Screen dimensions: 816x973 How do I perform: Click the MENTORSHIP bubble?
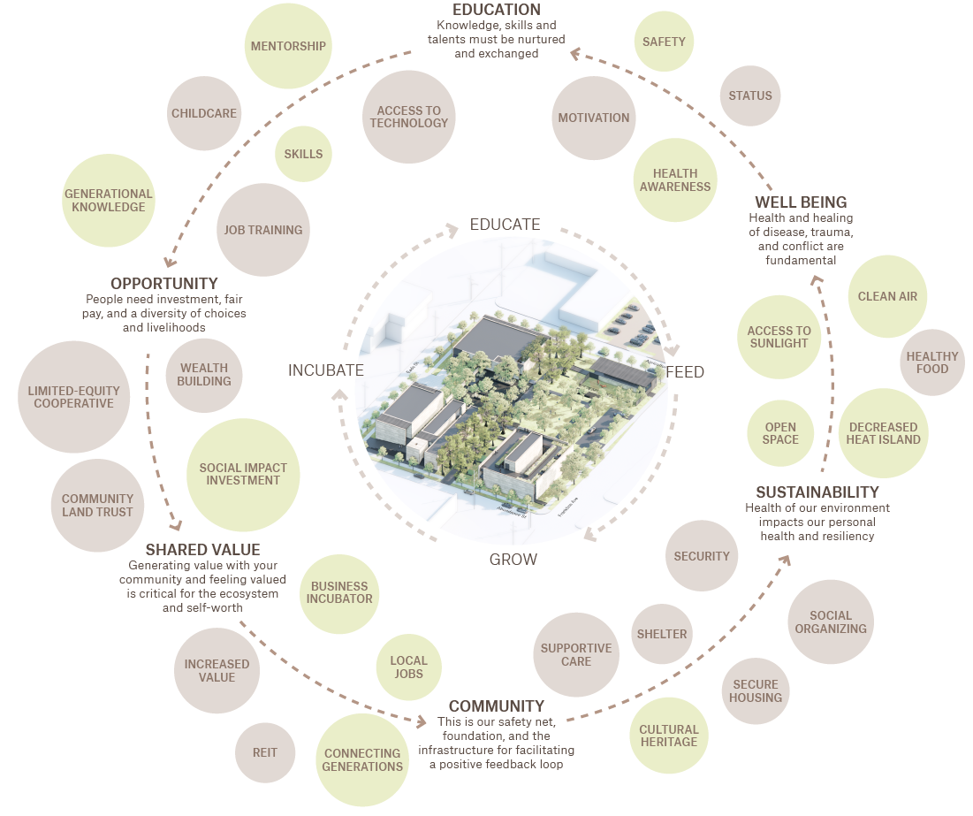tap(288, 47)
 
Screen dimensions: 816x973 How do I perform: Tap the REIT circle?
tap(265, 752)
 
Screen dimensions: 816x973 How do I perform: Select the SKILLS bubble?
tap(303, 154)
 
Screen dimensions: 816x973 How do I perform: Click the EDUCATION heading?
tap(496, 10)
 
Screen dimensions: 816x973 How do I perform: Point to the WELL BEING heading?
tap(801, 202)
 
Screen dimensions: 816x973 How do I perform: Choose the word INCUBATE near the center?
tap(326, 370)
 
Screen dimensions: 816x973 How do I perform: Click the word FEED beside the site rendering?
tap(685, 372)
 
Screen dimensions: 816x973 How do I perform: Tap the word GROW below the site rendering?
tap(513, 559)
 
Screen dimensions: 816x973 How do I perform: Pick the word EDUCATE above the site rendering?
tap(505, 225)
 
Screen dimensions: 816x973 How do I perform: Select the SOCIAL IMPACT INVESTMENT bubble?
tap(243, 475)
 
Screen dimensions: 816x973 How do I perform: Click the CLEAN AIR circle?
tap(887, 297)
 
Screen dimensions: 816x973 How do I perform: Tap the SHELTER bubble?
tap(662, 634)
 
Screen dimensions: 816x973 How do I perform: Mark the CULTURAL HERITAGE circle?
tap(669, 736)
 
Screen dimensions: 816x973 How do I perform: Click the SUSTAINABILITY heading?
tap(817, 492)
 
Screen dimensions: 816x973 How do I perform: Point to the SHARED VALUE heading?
tap(202, 550)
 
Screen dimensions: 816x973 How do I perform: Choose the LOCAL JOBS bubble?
tap(408, 667)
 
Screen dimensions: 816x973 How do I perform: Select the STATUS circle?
tap(750, 95)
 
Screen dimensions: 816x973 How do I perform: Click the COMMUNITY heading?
tap(497, 706)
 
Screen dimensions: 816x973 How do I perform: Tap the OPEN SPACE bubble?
tap(781, 433)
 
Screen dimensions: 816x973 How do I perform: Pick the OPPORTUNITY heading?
tap(163, 284)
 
